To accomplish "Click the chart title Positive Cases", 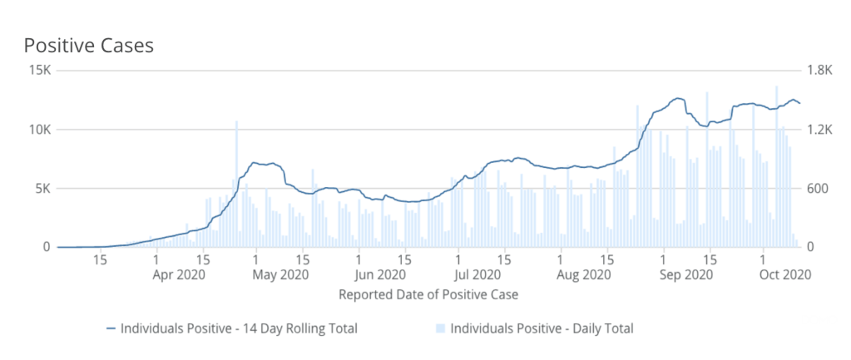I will [x=88, y=45].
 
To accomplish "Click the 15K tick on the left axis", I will [x=39, y=71].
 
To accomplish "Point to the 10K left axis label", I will [x=39, y=130].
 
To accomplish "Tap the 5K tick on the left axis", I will [x=42, y=189].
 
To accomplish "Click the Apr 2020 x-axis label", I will [x=180, y=274].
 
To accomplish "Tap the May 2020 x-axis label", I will [x=281, y=274].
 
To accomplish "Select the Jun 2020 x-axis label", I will [x=382, y=274].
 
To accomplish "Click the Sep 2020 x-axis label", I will [x=686, y=274].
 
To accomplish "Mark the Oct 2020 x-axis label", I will [x=784, y=274].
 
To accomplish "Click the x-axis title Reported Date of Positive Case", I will [x=429, y=294].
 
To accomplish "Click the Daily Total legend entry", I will [x=542, y=328].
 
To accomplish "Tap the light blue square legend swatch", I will [x=441, y=328].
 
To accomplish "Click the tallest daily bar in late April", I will [x=236, y=183].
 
